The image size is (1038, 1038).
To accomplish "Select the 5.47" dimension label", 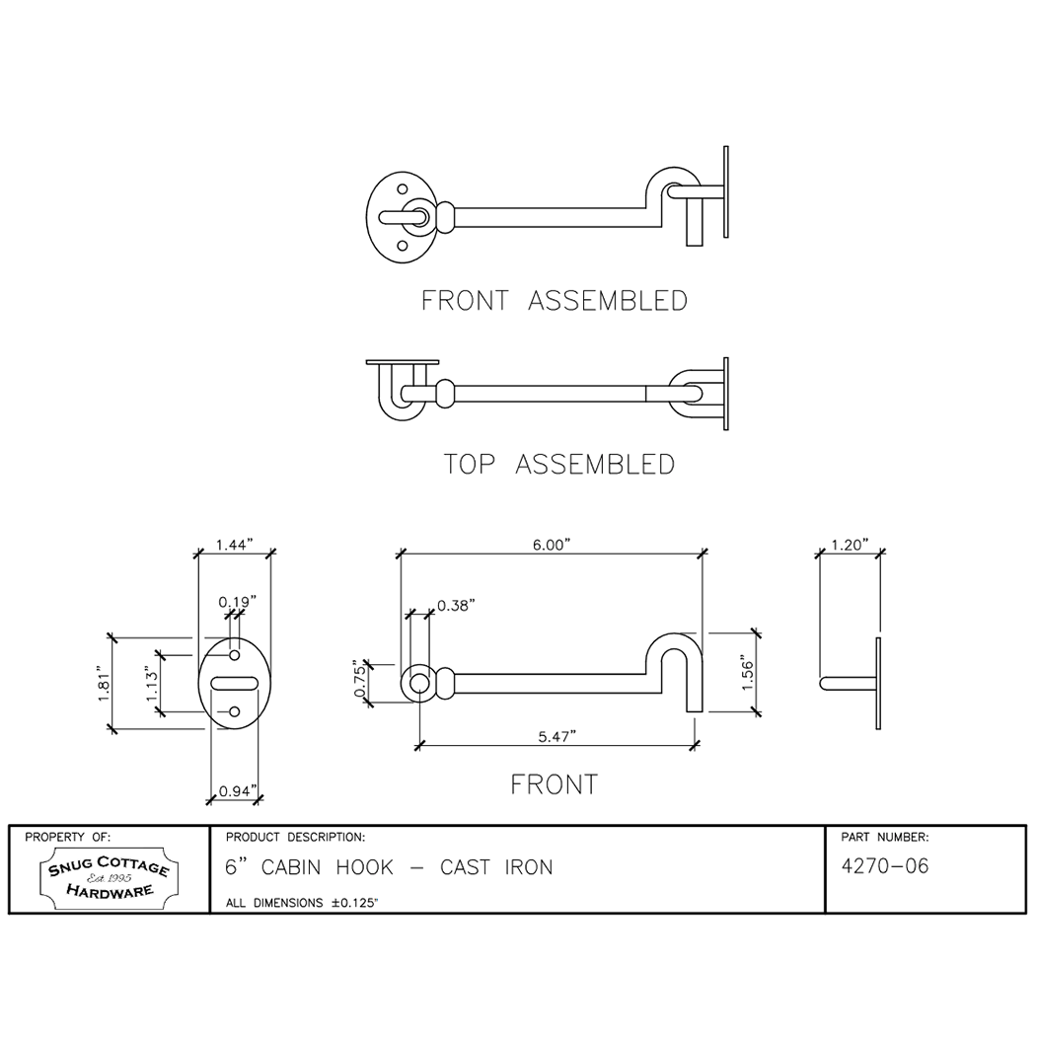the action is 556,736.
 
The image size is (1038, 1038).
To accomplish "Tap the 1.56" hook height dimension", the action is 747,674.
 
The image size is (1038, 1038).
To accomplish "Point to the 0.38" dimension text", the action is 456,606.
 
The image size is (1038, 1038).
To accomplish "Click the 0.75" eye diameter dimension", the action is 360,678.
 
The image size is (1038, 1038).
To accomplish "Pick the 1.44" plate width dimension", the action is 235,545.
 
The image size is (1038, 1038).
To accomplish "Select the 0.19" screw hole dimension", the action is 238,602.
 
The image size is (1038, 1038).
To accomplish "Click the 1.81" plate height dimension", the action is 104,683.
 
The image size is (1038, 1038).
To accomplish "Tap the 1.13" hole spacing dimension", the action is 152,687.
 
